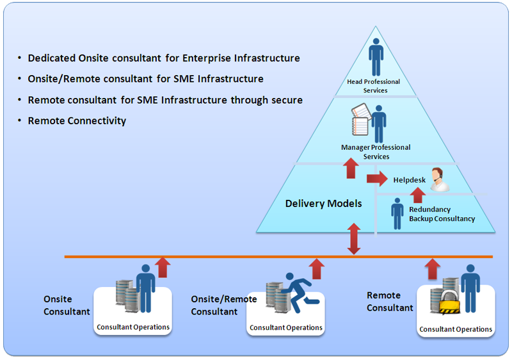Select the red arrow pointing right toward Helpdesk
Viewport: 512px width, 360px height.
coord(377,178)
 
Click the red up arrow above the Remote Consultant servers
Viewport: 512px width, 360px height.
coord(434,266)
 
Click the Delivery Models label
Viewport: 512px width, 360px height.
coord(323,204)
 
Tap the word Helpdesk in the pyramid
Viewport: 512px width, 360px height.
coord(410,180)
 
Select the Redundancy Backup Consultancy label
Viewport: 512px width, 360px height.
coord(442,214)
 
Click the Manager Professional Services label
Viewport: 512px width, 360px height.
coord(376,152)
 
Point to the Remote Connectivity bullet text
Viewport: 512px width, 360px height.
coord(77,120)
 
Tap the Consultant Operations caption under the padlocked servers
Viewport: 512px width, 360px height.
coord(456,330)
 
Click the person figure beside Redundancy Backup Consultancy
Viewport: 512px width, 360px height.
coord(397,212)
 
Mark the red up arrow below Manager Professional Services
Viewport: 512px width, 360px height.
coord(351,168)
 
